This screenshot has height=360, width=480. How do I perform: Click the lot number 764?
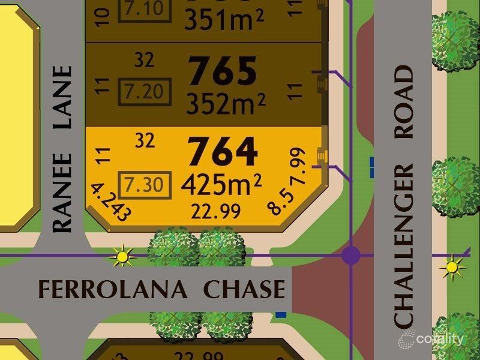(223, 152)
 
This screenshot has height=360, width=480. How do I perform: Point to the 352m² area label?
(225, 104)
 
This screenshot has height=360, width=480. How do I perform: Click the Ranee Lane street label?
(62, 148)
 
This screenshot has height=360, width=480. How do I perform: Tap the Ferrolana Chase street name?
(161, 289)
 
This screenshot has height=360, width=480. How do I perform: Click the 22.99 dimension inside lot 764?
(215, 211)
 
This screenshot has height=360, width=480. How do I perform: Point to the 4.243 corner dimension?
(110, 202)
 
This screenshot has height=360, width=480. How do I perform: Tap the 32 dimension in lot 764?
(145, 140)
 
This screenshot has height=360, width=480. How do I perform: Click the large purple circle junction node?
(351, 256)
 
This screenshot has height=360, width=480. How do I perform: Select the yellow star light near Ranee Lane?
(122, 257)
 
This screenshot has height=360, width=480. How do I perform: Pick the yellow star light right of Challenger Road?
(453, 267)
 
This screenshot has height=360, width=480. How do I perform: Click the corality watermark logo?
(430, 339)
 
